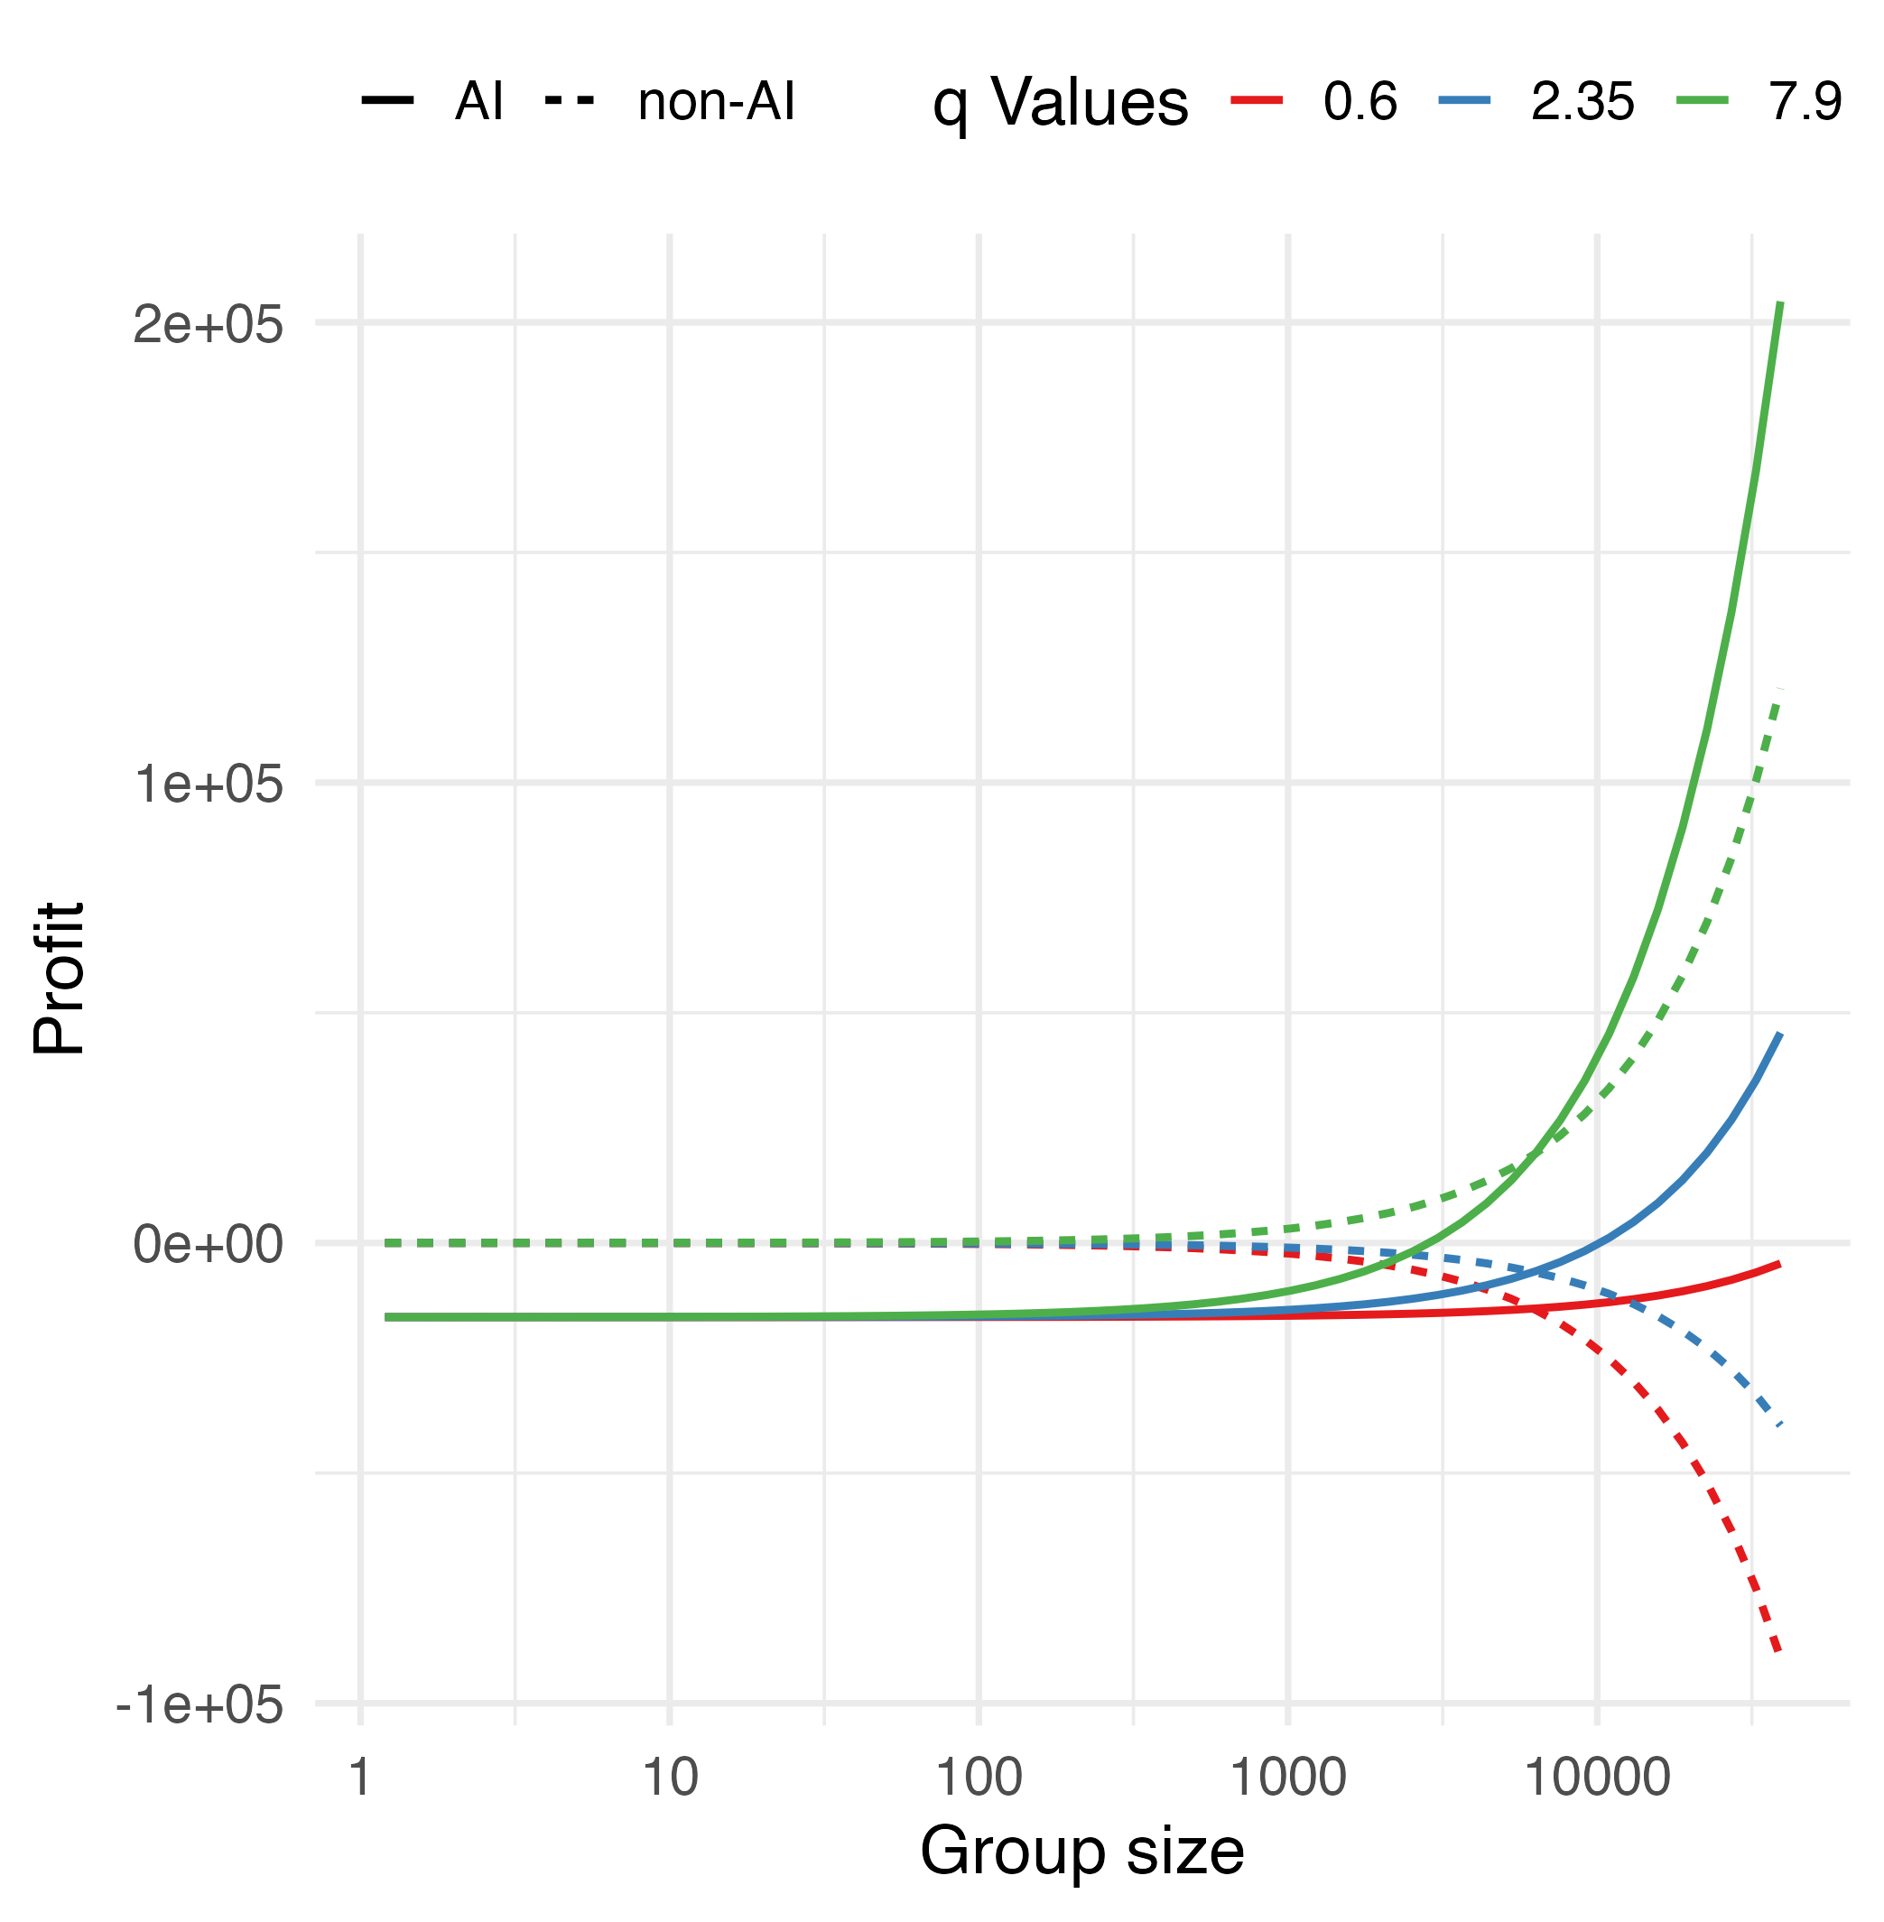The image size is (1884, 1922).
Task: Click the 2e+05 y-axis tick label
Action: point(208,326)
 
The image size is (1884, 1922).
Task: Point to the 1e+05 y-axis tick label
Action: point(208,785)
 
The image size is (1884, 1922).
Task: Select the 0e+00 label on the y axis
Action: point(208,1245)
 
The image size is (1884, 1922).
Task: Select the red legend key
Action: point(1257,100)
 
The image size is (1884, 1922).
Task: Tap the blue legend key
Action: point(1464,100)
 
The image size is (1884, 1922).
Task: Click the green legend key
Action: point(1702,100)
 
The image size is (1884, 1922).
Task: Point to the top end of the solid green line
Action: point(1781,302)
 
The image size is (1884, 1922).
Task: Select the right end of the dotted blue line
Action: point(1781,1426)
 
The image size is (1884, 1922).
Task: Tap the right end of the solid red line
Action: point(1781,1264)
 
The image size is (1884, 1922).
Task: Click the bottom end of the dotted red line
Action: point(1780,1650)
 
